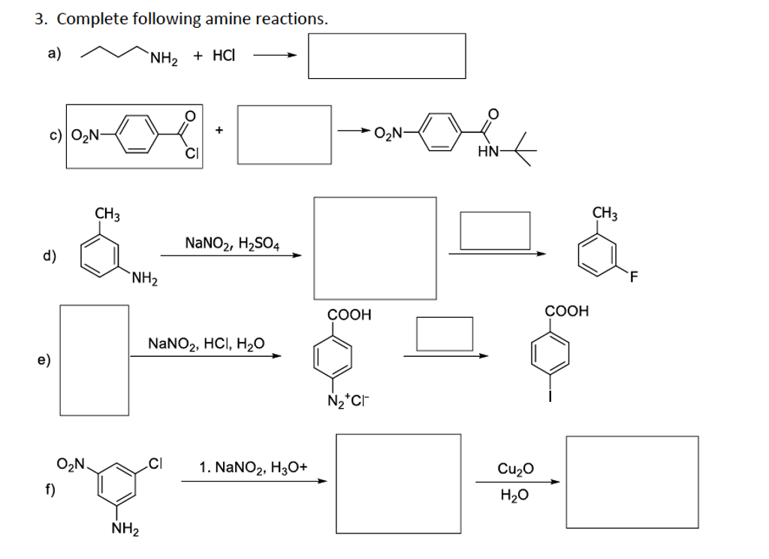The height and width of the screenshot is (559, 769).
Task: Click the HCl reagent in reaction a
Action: (x=225, y=56)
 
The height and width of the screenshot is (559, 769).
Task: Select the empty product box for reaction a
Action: (x=386, y=56)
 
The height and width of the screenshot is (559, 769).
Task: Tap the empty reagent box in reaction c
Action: (x=285, y=134)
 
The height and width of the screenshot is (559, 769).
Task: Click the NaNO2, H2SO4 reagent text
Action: (x=232, y=243)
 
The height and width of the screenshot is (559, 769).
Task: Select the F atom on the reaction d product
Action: (x=635, y=279)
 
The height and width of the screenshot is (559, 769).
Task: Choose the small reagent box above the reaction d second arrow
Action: (x=495, y=231)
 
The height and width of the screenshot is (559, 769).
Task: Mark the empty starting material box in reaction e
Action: (x=94, y=359)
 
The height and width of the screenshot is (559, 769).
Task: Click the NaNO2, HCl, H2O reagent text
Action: (x=206, y=344)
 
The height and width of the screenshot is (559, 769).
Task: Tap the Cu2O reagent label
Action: (x=516, y=469)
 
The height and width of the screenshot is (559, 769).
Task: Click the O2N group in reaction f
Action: (x=73, y=461)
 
